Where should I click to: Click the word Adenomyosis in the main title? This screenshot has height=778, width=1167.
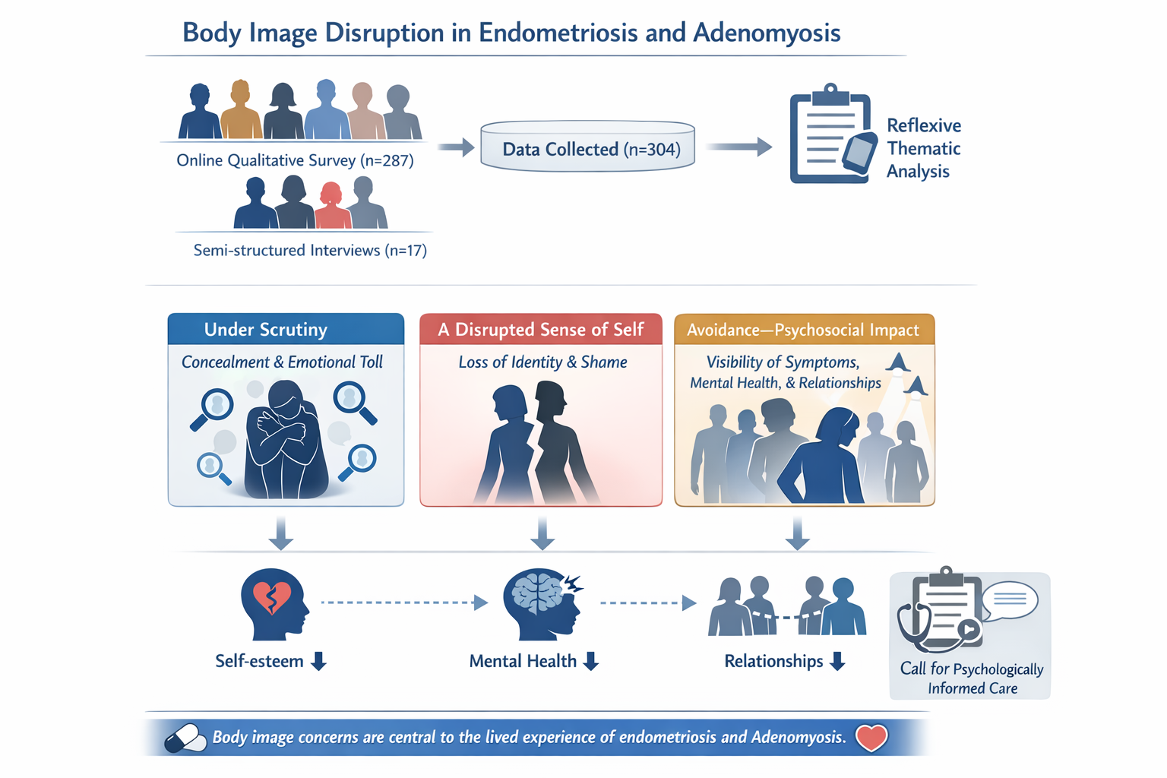pos(767,33)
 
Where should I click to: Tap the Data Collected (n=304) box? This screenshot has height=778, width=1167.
pos(588,148)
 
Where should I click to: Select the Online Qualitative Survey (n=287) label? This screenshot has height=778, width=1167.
pos(295,160)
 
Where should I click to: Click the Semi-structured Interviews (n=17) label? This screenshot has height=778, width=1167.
pos(310,250)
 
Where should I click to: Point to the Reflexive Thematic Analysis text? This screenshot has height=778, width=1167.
pos(923,148)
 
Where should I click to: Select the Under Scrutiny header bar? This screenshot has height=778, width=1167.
pos(286,329)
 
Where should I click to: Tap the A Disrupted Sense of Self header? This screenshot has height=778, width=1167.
pos(541,329)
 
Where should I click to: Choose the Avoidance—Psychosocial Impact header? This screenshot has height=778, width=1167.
pos(804,330)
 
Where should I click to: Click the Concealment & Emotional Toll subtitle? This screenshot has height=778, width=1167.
pos(282,362)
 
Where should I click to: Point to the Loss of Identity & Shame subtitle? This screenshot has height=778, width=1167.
pos(542,362)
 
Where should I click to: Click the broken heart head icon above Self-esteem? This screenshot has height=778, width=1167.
pos(274,603)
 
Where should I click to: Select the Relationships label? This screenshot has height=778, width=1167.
pos(773,661)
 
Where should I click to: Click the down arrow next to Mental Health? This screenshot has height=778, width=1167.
pos(591,662)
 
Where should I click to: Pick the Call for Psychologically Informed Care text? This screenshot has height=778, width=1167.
pos(971,678)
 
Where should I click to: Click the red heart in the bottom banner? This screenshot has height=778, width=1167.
pos(871,737)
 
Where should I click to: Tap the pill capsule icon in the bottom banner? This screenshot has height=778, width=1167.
pos(185,738)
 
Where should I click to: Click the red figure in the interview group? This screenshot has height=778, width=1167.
pos(331,206)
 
